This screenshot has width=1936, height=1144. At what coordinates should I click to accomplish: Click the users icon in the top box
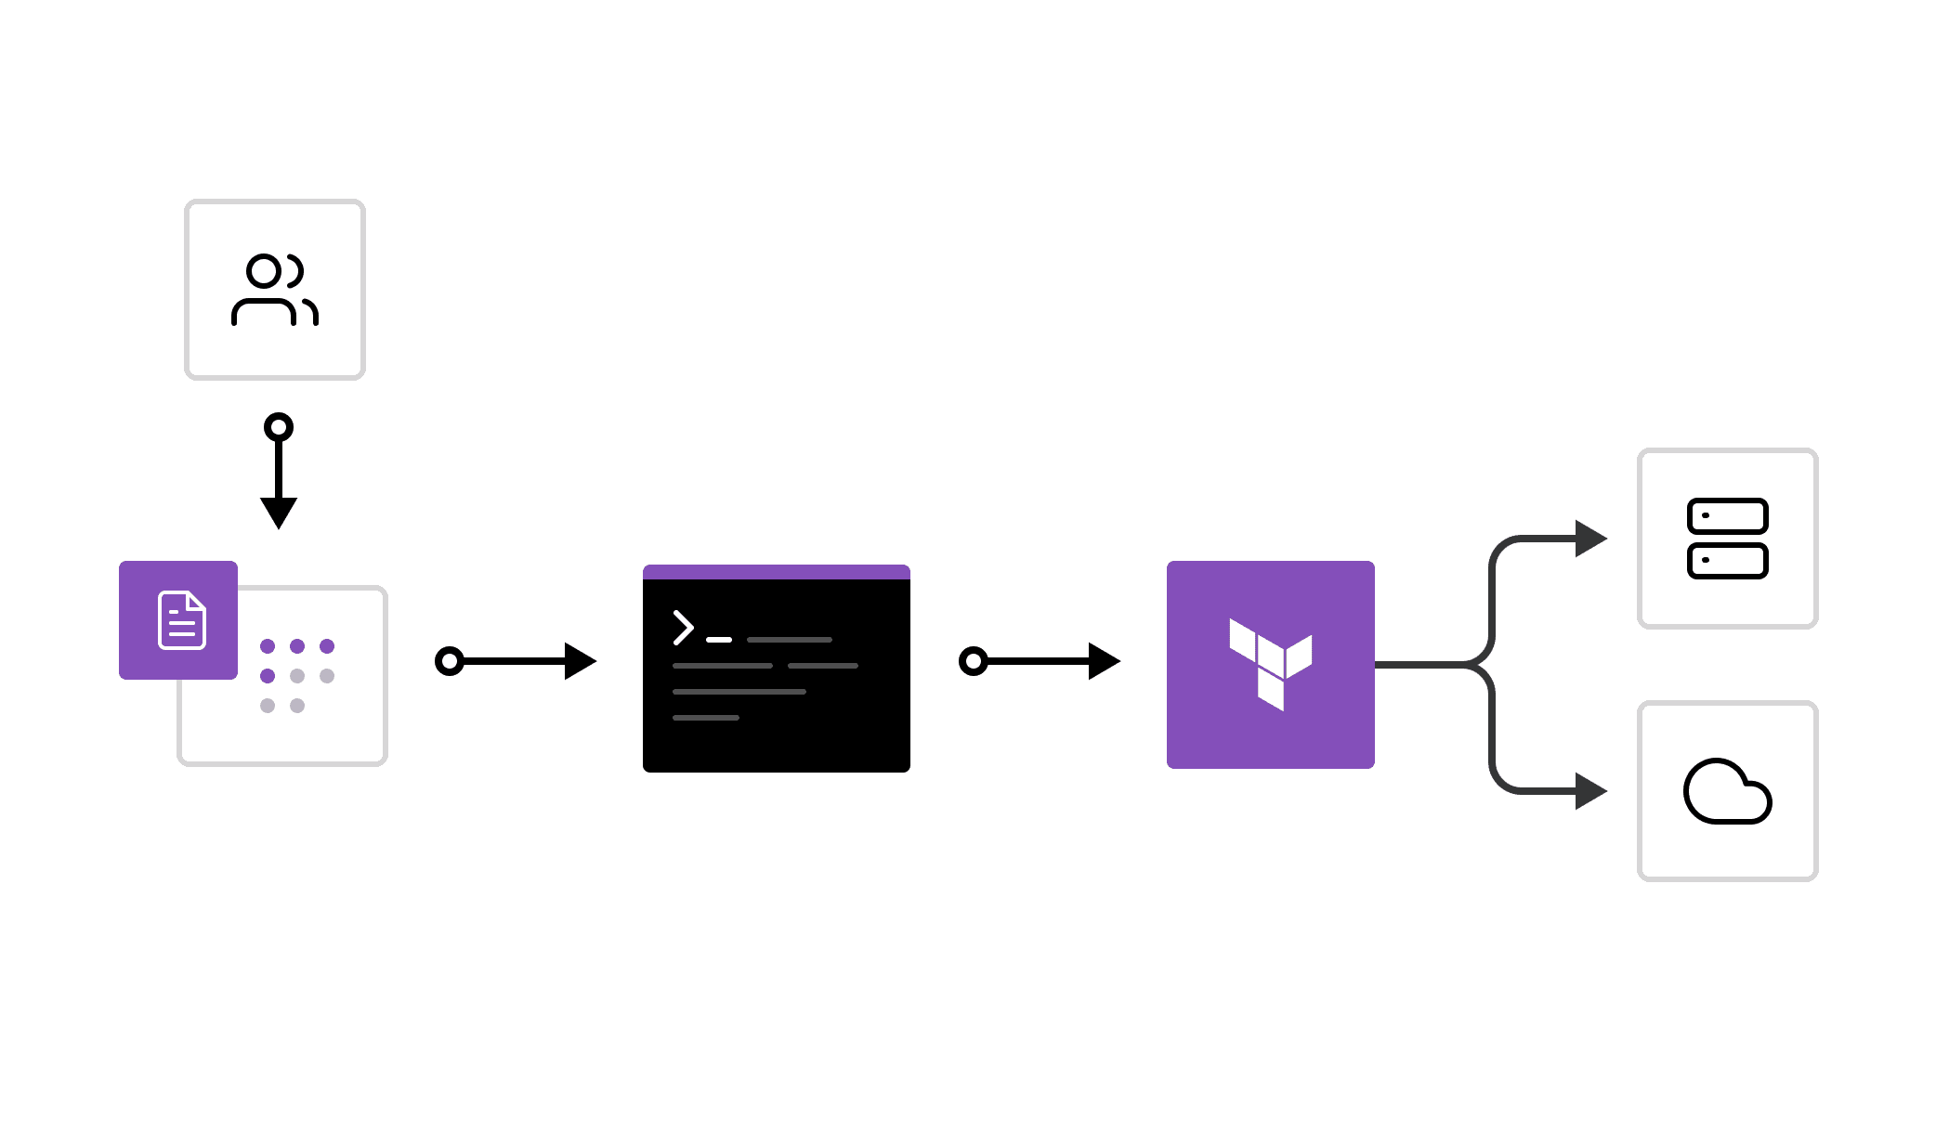[x=275, y=290]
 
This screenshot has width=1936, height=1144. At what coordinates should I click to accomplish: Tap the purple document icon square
[x=178, y=619]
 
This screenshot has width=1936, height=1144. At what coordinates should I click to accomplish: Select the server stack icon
[x=1727, y=539]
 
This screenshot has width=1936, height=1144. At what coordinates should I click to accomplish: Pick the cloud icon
[x=1727, y=791]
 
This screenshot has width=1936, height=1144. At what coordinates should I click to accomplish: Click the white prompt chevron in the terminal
[x=684, y=628]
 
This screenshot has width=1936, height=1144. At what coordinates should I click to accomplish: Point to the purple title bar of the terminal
[x=776, y=572]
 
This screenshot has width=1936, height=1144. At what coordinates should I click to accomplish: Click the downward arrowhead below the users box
[x=279, y=512]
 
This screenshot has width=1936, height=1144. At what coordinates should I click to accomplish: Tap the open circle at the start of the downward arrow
[x=279, y=427]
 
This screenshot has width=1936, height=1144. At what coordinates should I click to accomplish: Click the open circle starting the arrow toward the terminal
[x=450, y=661]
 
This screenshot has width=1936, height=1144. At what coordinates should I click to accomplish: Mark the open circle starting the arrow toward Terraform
[x=973, y=661]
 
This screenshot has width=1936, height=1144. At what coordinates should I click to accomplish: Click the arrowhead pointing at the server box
[x=1589, y=539]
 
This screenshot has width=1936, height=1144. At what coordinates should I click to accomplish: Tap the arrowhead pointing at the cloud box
[x=1589, y=791]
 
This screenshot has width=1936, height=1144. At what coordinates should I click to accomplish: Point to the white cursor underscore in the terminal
[x=719, y=640]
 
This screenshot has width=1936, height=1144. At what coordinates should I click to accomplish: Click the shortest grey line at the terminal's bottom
[x=706, y=718]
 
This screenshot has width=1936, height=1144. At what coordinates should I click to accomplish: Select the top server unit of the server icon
[x=1727, y=516]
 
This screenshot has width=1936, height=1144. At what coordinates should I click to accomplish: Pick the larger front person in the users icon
[x=264, y=290]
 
